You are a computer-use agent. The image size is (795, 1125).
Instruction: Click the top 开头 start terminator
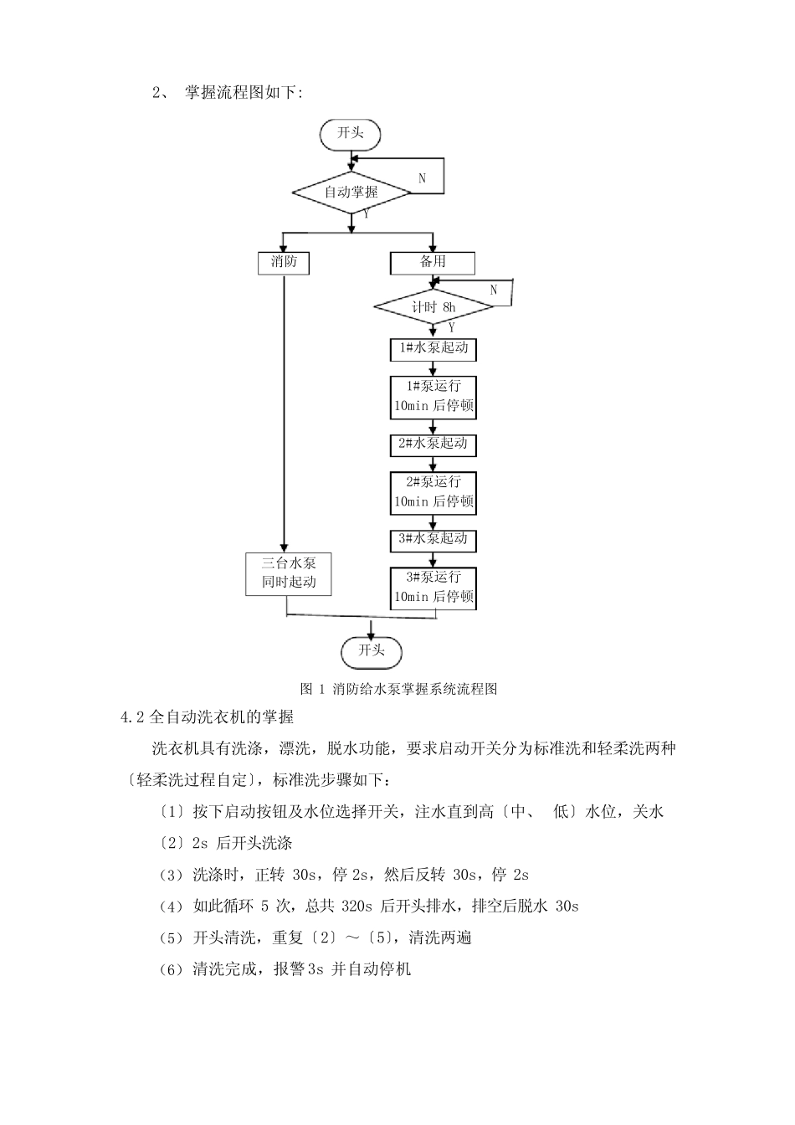point(350,134)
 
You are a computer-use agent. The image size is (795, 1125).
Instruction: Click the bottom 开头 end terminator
point(371,650)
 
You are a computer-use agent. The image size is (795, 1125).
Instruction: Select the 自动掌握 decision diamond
point(351,192)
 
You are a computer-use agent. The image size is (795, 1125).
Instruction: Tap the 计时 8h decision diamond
point(433,307)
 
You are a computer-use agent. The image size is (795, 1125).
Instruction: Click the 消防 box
point(284,262)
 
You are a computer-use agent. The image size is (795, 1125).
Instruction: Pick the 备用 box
point(433,262)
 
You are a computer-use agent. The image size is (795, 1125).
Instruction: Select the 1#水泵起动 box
point(433,348)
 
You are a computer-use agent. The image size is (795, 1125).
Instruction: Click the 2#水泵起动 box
point(433,444)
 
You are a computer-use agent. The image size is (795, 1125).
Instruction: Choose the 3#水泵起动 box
point(433,539)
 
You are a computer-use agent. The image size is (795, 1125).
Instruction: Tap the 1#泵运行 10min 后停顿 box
point(433,397)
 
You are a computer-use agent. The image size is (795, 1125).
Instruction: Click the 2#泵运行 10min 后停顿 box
point(433,492)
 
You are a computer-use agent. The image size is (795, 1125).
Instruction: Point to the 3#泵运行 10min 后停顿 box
point(433,588)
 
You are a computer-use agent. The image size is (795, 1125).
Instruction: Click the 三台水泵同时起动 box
point(289,573)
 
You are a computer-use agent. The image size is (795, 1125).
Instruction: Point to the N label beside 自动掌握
point(422,178)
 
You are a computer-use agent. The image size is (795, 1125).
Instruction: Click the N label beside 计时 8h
point(493,290)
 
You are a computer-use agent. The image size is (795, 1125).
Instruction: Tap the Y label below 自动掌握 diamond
point(365,214)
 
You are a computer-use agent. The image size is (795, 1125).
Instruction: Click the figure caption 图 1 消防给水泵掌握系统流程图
point(398,689)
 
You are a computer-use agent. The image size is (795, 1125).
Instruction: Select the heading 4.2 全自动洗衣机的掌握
point(208,717)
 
